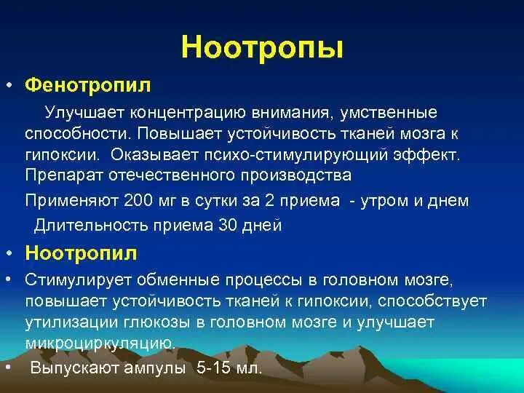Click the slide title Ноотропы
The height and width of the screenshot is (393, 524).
coord(262,47)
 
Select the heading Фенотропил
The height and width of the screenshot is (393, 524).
coord(88,86)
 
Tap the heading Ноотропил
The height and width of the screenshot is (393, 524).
coord(82,253)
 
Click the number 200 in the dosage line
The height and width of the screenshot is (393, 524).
coord(136,200)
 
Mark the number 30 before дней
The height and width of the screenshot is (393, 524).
coord(229,225)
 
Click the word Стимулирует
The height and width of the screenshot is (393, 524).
coord(72,280)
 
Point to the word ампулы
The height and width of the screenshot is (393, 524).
coord(156,368)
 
